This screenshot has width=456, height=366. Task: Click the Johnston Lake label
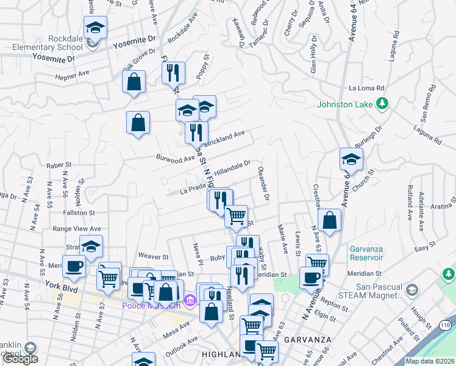344,104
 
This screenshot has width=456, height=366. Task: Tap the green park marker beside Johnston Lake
383,104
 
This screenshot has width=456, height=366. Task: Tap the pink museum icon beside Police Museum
189,300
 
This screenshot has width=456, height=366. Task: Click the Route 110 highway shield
446,326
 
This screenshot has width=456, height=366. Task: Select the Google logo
20,359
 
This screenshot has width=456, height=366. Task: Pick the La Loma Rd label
368,88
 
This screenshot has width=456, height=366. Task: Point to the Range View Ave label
77,229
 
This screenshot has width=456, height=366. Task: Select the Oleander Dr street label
263,184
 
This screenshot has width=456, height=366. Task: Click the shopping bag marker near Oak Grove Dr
134,82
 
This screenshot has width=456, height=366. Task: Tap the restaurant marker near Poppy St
174,73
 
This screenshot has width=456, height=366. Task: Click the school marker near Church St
351,160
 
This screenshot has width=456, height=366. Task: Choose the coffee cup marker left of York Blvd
74,266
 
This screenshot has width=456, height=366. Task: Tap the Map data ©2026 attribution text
430,361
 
